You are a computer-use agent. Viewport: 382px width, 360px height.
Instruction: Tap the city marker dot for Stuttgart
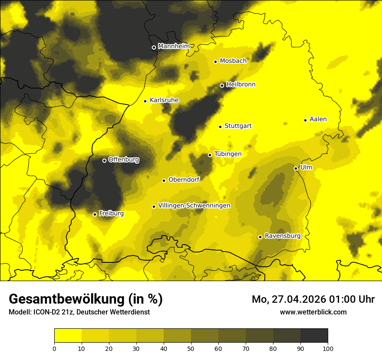[220, 127]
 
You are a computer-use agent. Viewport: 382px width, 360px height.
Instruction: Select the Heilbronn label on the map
[241, 85]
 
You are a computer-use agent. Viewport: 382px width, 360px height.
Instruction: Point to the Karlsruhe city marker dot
[145, 101]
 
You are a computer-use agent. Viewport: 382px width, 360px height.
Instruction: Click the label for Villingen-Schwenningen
[194, 206]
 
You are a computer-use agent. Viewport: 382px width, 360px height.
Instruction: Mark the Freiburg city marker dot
[95, 214]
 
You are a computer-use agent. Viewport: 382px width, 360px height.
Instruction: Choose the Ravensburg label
[282, 236]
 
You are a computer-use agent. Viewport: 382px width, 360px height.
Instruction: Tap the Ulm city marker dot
[296, 168]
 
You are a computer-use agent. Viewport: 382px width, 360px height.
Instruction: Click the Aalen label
[318, 119]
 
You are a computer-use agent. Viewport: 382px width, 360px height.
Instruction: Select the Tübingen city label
[228, 154]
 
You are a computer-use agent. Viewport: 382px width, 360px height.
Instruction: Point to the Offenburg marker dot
[104, 160]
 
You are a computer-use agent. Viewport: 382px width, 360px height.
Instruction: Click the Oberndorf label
[184, 180]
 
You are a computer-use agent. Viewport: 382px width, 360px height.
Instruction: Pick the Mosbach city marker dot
[215, 62]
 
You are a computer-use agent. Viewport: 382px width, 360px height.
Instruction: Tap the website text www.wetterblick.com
[313, 312]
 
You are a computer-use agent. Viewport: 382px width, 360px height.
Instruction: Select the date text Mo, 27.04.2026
[286, 299]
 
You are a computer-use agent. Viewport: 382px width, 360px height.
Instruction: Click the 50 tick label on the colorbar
[191, 348]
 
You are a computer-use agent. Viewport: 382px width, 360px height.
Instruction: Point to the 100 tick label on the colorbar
[328, 348]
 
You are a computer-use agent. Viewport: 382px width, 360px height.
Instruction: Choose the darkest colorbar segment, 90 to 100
[314, 336]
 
